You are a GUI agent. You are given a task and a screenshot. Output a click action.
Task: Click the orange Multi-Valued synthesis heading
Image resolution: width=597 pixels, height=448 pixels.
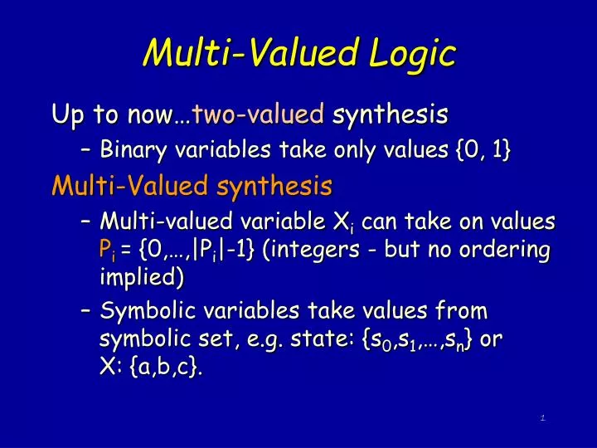coord(192,185)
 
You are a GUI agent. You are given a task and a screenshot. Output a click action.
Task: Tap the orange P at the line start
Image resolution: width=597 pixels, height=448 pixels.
coord(104,250)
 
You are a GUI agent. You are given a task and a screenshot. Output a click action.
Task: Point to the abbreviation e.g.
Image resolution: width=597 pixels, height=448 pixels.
coord(242,340)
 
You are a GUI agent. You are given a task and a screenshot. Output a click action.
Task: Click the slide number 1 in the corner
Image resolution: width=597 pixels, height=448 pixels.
coord(541,417)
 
